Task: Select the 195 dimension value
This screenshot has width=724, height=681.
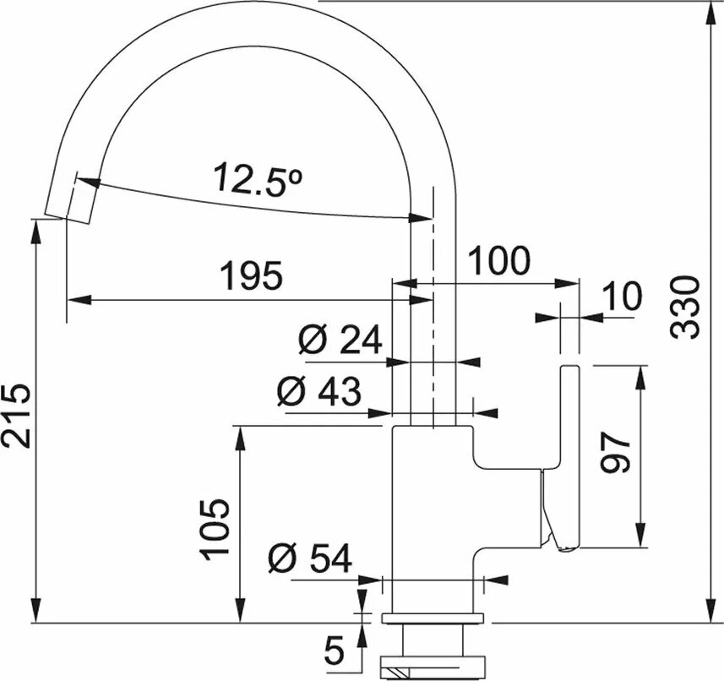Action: (250, 276)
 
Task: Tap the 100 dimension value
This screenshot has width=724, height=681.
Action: (499, 262)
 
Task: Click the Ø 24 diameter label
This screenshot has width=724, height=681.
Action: (340, 340)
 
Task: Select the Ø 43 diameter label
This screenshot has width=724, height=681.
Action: (318, 390)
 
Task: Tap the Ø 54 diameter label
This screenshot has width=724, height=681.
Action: (309, 558)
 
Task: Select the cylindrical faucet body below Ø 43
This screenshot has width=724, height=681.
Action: (431, 515)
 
